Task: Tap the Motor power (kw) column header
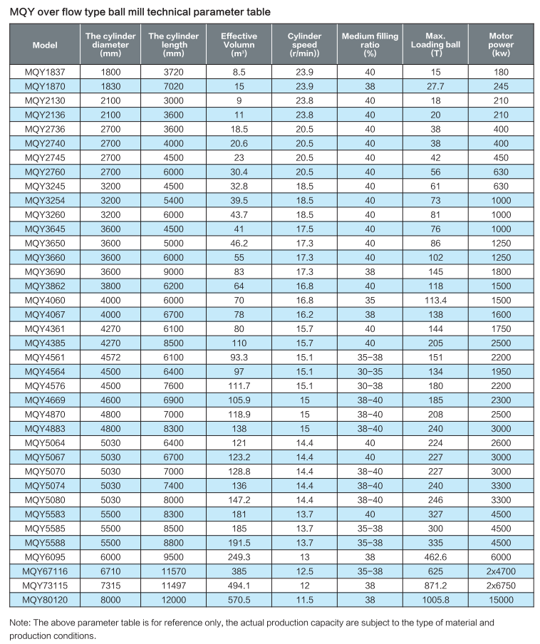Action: pyautogui.click(x=501, y=44)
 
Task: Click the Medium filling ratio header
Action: pyautogui.click(x=369, y=44)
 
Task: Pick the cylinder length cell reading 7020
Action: pyautogui.click(x=173, y=85)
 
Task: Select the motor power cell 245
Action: pyautogui.click(x=501, y=85)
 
